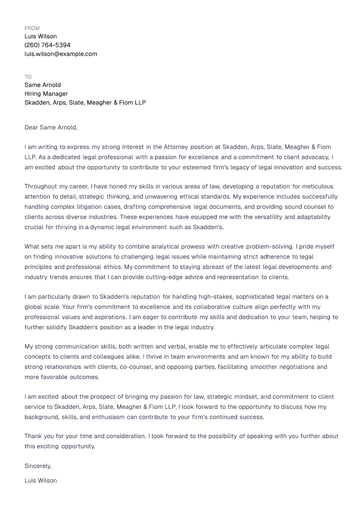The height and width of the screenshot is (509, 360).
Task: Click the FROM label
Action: (x=32, y=28)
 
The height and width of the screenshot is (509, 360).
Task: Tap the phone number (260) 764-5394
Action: (x=47, y=45)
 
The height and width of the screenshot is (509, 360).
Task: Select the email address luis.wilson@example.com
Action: (x=61, y=54)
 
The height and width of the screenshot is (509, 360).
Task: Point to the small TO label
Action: (x=28, y=77)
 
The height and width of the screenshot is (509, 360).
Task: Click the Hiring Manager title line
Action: (x=46, y=94)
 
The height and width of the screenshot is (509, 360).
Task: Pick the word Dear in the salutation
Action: (x=31, y=128)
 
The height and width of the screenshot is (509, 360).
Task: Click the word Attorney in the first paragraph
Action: (x=176, y=147)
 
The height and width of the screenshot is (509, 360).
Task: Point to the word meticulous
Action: (x=317, y=187)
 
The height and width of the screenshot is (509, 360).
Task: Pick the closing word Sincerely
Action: (x=38, y=466)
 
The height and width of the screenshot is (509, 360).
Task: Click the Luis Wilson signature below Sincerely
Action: (x=41, y=481)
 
